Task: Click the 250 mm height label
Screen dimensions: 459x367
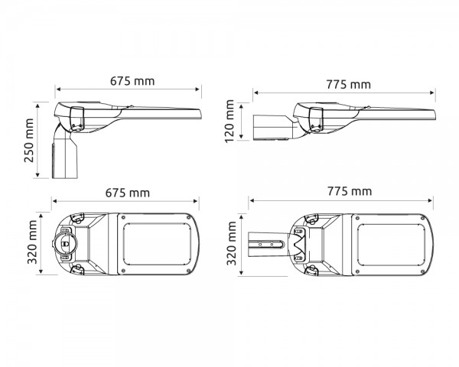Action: coord(29,140)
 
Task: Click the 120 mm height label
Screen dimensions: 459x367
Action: coord(229,121)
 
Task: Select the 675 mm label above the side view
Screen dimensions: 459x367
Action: coord(132,81)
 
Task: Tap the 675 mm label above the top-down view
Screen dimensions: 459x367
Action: coord(128,193)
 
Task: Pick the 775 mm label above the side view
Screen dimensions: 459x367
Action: coord(349,85)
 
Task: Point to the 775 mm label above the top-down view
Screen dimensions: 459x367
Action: coord(350,191)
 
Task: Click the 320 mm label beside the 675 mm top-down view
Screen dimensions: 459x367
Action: coord(32,242)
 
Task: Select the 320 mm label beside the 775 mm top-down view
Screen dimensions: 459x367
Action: coord(231,243)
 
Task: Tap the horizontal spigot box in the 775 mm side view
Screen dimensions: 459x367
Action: coord(273,128)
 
